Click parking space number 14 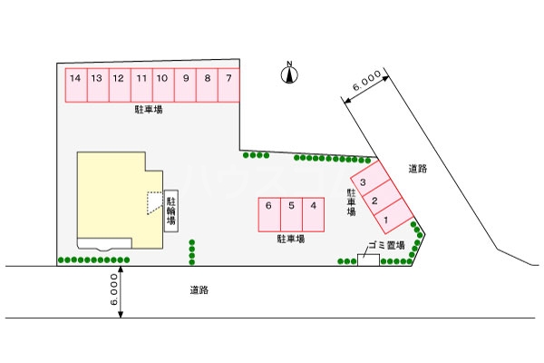pyautogui.click(x=75, y=85)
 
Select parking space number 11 pyautogui.click(x=141, y=85)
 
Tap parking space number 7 pyautogui.click(x=230, y=85)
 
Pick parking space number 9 pyautogui.click(x=186, y=85)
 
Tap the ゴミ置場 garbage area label pyautogui.click(x=385, y=246)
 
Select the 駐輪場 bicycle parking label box pyautogui.click(x=170, y=211)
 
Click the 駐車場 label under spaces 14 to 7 pyautogui.click(x=148, y=110)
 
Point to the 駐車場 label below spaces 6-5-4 pyautogui.click(x=289, y=239)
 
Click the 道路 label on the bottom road pyautogui.click(x=199, y=290)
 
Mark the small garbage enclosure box pyautogui.click(x=367, y=259)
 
